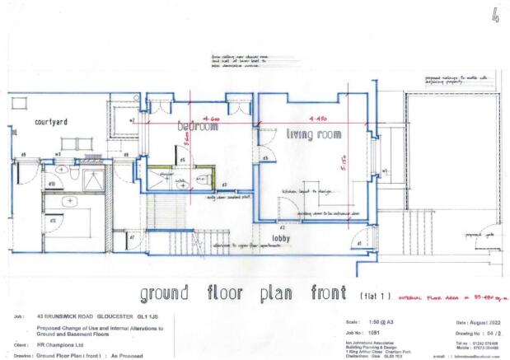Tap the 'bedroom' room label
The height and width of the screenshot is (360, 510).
pyautogui.click(x=198, y=129)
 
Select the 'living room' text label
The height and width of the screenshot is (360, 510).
pyautogui.click(x=314, y=133)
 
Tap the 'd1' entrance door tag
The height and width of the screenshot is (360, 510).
pyautogui.click(x=358, y=243)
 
